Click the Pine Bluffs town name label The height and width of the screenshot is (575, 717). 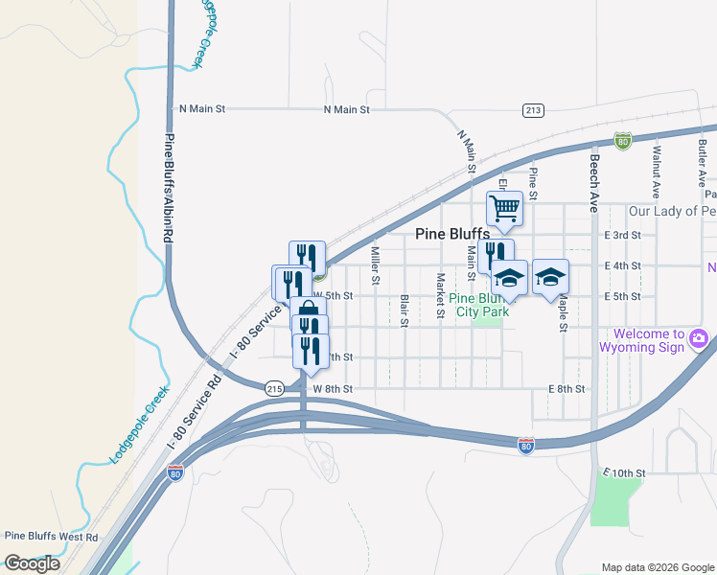452,233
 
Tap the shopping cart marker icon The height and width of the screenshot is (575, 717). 504,207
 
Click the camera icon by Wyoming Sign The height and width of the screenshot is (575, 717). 699,338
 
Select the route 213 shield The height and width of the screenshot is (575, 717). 534,110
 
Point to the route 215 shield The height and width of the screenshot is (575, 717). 275,388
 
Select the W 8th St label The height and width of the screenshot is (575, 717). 333,389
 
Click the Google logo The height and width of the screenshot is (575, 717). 32,563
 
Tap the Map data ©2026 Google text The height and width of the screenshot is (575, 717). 657,567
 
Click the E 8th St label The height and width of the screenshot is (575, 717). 566,389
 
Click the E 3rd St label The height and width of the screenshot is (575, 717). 622,235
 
